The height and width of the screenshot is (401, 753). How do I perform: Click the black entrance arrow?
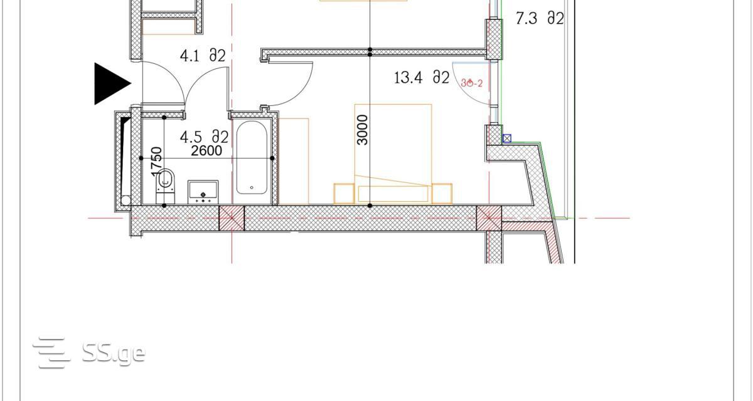[x=111, y=83]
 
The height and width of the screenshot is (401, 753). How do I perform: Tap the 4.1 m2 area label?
[x=203, y=56]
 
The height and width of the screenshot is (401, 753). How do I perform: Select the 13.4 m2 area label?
[x=422, y=78]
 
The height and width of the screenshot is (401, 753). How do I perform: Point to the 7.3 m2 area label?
[x=540, y=18]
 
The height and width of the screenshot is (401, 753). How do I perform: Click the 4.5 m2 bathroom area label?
[x=204, y=137]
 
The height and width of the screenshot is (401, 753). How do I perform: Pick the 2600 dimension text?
[x=206, y=150]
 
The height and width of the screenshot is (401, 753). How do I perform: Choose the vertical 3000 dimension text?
[x=363, y=130]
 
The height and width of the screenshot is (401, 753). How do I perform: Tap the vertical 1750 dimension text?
[x=157, y=162]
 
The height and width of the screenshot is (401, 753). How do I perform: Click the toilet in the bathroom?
[x=166, y=186]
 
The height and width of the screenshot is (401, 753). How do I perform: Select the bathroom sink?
[x=203, y=192]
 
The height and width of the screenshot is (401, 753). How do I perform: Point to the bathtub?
[x=252, y=158]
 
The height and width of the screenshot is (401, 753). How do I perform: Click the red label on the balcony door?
[x=472, y=83]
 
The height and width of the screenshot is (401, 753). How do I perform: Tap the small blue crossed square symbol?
[x=507, y=138]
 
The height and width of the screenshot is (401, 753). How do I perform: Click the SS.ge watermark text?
[x=114, y=353]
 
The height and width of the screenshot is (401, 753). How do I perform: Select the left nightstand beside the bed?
[x=344, y=194]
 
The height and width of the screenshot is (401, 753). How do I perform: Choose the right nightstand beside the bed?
[x=442, y=194]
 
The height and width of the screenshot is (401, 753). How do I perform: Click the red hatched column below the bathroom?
[x=232, y=218]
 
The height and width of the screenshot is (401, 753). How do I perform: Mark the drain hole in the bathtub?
[x=252, y=187]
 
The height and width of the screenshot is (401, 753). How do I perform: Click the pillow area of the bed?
[x=393, y=194]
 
